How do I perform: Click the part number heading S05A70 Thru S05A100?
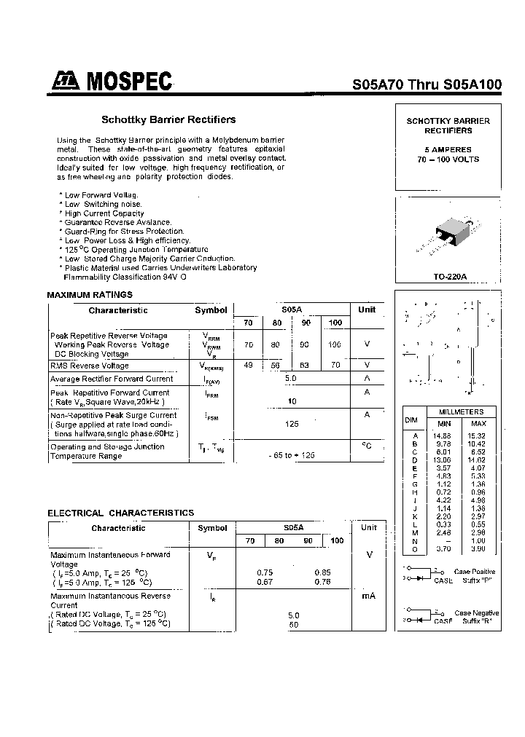[427, 84]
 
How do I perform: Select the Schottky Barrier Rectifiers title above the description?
[168, 119]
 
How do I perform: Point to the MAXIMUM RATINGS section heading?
[90, 295]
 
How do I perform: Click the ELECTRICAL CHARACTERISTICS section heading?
[121, 513]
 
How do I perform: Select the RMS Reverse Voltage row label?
[90, 366]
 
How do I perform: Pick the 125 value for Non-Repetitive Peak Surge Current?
[292, 423]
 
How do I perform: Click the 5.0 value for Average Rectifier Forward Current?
[292, 379]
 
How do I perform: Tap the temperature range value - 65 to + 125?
[292, 454]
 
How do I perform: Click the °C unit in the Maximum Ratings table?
[367, 445]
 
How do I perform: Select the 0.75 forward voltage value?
[265, 572]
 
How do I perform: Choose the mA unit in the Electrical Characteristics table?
[368, 596]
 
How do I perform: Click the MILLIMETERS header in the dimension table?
[461, 412]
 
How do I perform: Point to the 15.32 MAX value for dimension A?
[478, 435]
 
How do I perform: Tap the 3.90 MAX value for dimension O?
[478, 548]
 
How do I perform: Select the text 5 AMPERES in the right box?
[448, 149]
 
